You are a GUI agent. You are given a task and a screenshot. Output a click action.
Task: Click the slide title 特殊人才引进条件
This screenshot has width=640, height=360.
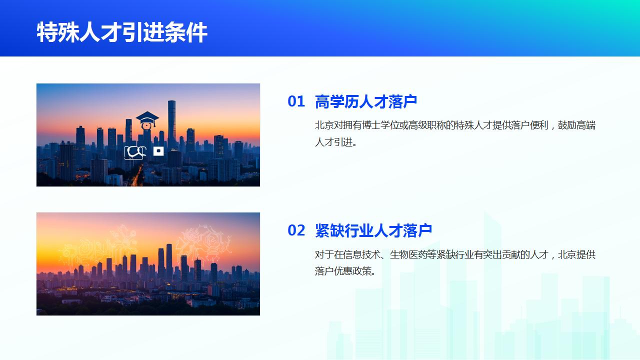click(122, 33)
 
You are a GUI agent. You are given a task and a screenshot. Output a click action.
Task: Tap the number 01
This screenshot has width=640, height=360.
click(296, 101)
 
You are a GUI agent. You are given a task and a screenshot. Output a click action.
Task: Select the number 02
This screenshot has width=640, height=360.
click(296, 230)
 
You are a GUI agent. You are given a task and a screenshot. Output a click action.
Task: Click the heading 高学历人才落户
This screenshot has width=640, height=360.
click(366, 101)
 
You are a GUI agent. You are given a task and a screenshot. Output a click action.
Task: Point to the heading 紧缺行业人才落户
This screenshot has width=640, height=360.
click(373, 230)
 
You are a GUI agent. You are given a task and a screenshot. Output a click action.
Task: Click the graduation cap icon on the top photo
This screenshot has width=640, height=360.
click(147, 120)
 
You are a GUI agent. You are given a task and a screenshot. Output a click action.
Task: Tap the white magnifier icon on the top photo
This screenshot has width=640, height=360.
click(135, 151)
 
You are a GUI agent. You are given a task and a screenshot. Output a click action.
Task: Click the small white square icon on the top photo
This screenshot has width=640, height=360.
click(158, 150)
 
